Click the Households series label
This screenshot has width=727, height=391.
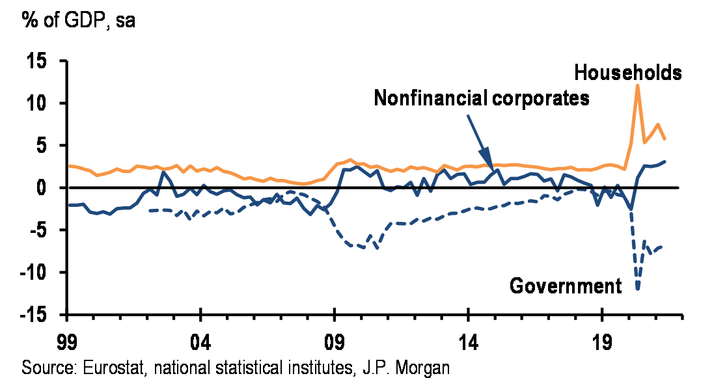coord(628,73)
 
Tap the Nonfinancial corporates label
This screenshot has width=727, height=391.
coord(482,99)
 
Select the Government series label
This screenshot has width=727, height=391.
coord(565,286)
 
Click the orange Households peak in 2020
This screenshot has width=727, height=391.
coord(638,85)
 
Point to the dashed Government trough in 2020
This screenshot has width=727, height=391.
coord(638,289)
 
